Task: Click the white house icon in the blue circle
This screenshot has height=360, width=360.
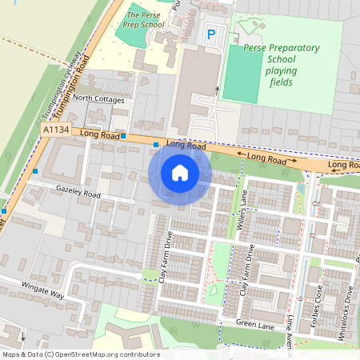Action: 180,172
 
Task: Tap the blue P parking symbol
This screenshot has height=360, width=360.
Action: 211,34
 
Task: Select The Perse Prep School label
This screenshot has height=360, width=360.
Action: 144,20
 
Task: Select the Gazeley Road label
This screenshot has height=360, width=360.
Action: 78,194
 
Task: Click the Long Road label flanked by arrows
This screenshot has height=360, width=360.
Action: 266,159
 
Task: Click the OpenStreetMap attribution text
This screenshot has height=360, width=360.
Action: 80,354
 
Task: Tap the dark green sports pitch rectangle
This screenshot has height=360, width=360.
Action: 242,74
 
